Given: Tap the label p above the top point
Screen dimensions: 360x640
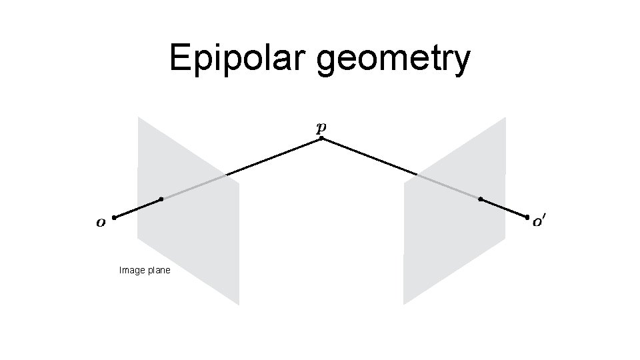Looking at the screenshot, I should tap(321, 127).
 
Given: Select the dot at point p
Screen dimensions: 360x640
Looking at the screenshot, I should tap(321, 139).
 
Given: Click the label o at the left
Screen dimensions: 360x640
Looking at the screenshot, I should tap(101, 223).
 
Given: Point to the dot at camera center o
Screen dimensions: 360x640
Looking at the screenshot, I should tap(114, 218).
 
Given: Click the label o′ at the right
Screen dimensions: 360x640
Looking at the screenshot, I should tap(539, 223).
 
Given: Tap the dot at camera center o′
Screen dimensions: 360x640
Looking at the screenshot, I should tap(527, 217).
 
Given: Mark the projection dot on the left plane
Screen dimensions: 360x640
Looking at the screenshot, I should tap(161, 199).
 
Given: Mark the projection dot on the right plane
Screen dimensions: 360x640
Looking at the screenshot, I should tap(481, 199).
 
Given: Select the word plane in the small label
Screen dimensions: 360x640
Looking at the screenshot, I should tap(159, 271).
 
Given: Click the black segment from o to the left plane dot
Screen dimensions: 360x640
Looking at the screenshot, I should tap(137, 209).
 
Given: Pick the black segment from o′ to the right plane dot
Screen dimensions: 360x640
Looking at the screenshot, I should tap(504, 208).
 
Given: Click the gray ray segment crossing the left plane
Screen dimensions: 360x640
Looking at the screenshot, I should tap(193, 187).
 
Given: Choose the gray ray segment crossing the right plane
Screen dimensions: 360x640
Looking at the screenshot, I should tap(448, 187).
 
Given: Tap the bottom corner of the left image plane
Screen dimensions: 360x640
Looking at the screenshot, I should tap(238, 305).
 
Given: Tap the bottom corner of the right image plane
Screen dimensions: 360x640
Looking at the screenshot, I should tap(403, 305).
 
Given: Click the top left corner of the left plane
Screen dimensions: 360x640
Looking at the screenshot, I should tap(138, 117).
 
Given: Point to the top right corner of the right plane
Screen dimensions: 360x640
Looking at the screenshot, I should tap(505, 117).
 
